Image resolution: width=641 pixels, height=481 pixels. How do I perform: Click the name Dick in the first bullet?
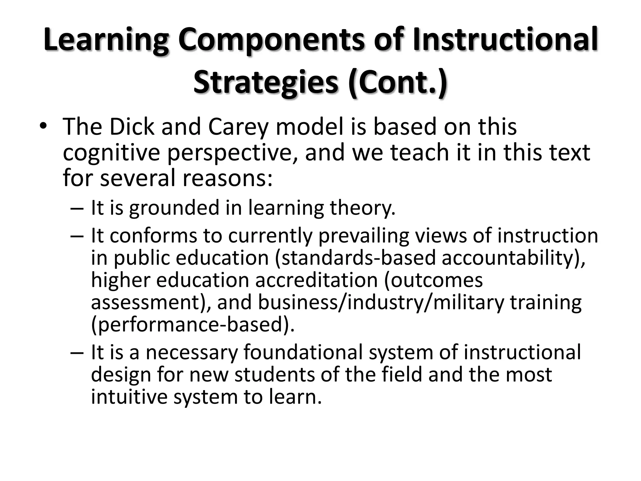pyautogui.click(x=132, y=127)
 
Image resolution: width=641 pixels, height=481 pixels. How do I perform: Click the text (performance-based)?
pyautogui.click(x=193, y=325)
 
